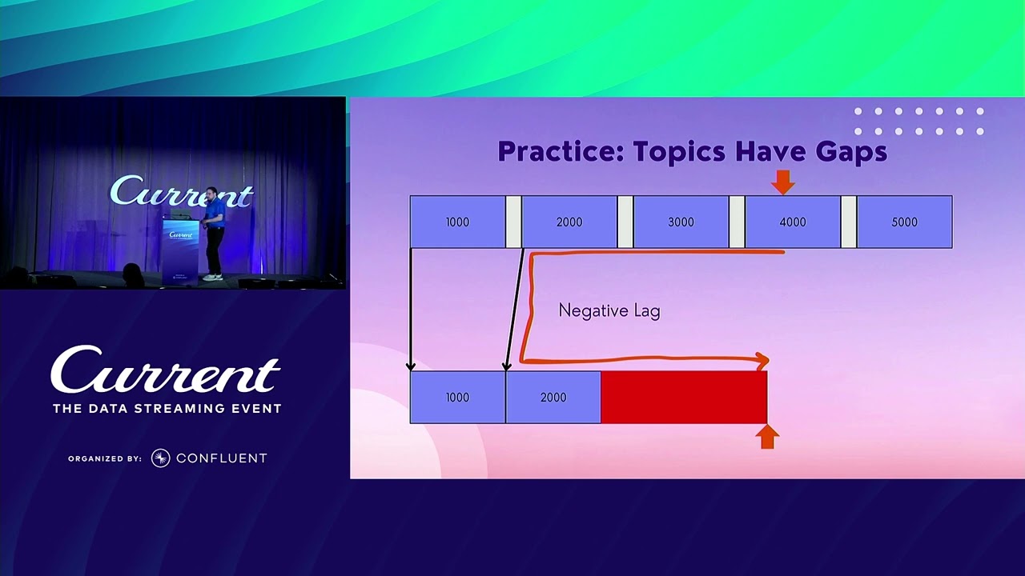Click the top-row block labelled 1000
click(x=457, y=222)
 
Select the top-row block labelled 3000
click(x=681, y=222)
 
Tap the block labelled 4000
click(x=793, y=222)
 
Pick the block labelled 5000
click(x=905, y=222)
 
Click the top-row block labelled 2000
click(x=569, y=222)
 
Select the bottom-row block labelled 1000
click(x=457, y=397)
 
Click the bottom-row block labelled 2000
click(x=553, y=397)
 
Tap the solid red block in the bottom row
click(x=684, y=397)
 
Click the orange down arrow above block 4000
click(x=783, y=182)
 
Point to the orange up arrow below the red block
click(x=767, y=437)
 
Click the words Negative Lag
click(x=609, y=311)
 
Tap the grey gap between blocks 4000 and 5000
click(x=849, y=222)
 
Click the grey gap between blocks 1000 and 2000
click(x=513, y=222)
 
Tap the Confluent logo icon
click(x=161, y=458)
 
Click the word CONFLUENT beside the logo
click(x=222, y=458)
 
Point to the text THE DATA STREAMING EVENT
click(x=167, y=408)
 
